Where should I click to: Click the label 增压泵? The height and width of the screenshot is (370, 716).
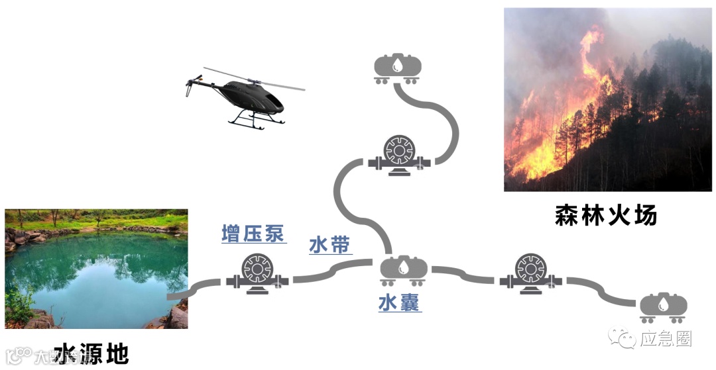click(x=253, y=234)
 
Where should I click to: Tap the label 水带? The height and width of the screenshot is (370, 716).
click(x=329, y=246)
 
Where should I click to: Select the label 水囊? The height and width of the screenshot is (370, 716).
click(x=400, y=303)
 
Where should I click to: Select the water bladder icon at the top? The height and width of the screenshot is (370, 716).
click(x=397, y=68)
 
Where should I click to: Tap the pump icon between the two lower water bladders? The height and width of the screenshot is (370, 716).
click(x=530, y=273)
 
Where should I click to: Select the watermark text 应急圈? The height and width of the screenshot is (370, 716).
click(x=666, y=340)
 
